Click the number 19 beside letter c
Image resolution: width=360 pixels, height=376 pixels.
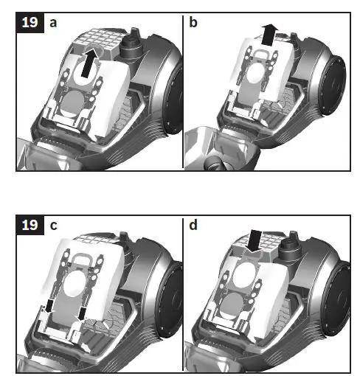click(x=30, y=225)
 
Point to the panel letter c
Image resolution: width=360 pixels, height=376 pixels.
click(x=53, y=225)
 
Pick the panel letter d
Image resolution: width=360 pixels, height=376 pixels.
click(x=194, y=225)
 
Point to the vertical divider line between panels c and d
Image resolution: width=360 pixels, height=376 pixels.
click(x=182, y=295)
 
